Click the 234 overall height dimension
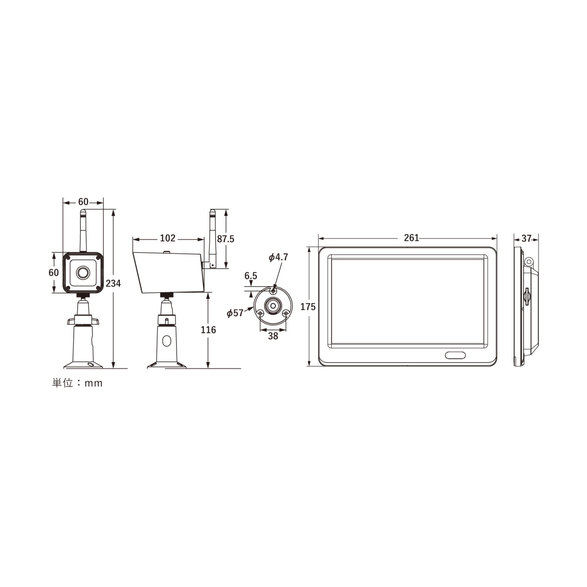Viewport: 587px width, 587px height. (113, 283)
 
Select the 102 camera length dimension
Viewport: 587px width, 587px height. (168, 238)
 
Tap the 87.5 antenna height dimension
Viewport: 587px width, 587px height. (226, 239)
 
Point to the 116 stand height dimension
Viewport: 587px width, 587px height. (208, 330)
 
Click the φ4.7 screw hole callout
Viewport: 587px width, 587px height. (278, 257)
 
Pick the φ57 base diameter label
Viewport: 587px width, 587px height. (235, 313)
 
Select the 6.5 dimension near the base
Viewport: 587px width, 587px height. (251, 276)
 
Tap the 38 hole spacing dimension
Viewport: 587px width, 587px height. (273, 336)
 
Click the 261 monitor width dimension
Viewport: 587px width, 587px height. (411, 238)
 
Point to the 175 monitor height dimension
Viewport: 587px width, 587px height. (308, 307)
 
